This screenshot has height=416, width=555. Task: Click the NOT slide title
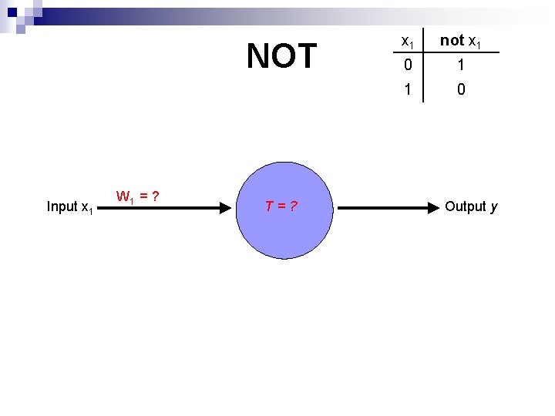pos(281,56)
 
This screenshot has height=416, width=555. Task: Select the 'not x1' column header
pos(461,41)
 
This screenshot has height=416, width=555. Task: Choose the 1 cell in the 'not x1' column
pos(461,65)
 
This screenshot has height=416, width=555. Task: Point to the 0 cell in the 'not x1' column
pos(461,89)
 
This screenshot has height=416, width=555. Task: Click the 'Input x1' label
pos(70,206)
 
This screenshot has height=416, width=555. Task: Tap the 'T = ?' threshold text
pos(282,206)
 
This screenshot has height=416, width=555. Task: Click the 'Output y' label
pos(471,206)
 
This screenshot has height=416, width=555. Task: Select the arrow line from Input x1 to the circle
pos(162,207)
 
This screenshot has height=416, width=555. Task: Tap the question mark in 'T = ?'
pos(294,206)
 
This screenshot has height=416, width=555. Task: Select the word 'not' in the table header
pos(452,41)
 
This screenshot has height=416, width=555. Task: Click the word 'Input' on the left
pos(62,206)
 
